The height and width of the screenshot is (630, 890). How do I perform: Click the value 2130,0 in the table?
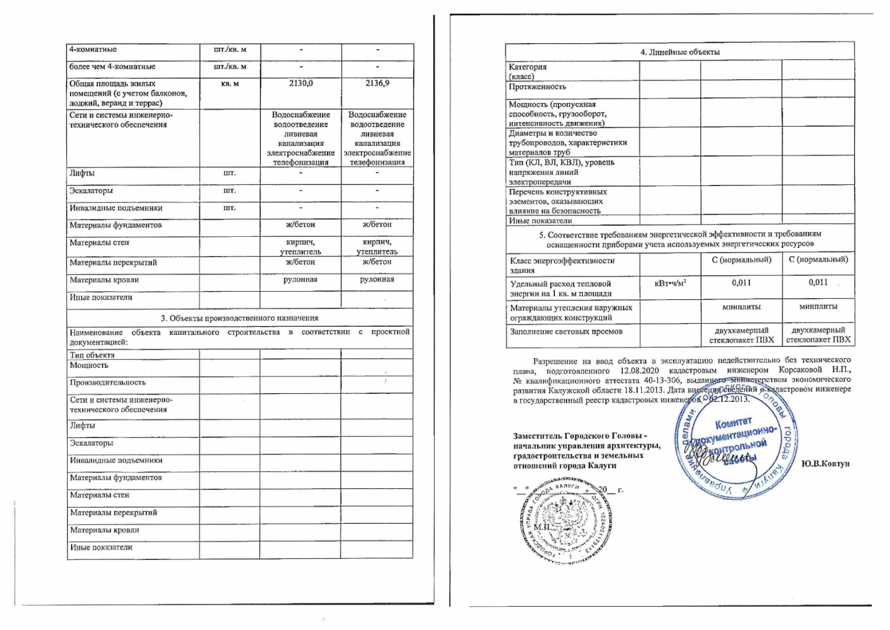point(301,83)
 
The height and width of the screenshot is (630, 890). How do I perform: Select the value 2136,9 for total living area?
point(377,83)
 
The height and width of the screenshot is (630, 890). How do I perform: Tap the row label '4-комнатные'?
point(93,50)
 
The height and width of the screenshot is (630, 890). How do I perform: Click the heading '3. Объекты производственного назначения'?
point(240,318)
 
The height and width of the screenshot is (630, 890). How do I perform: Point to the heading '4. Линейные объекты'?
point(680,52)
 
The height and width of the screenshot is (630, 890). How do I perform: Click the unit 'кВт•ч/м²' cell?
point(670,283)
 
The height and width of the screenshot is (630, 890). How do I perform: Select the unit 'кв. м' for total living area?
point(230,83)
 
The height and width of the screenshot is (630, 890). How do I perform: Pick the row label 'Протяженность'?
point(537,87)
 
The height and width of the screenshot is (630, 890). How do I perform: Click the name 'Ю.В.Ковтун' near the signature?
point(825,463)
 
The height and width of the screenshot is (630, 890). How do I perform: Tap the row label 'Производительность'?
point(107,383)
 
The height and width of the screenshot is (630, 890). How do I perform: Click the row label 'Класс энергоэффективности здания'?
point(562,265)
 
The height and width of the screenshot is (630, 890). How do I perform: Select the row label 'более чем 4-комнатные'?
point(112,66)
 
